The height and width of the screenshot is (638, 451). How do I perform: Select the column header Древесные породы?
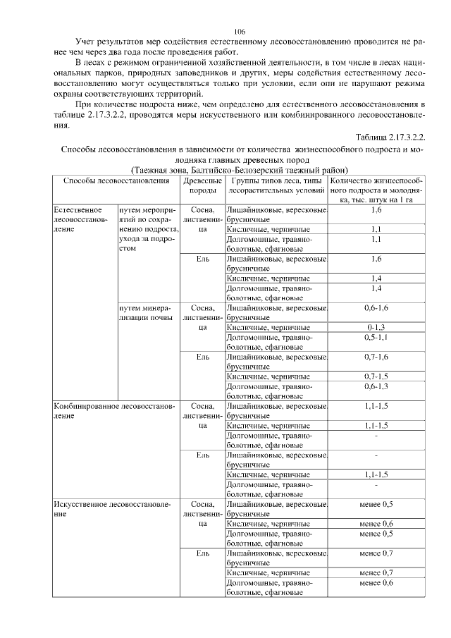(x=203, y=185)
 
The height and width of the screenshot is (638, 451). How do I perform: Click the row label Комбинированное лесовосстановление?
(x=113, y=411)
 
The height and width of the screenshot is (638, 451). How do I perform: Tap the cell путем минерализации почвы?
(x=145, y=313)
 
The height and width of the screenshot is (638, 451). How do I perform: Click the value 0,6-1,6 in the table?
(x=376, y=308)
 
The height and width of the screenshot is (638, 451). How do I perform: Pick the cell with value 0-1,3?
(x=376, y=328)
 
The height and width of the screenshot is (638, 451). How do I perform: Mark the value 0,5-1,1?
(x=376, y=338)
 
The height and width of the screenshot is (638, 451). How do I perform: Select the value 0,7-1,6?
(x=376, y=357)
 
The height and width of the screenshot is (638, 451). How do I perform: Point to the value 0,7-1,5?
(x=376, y=376)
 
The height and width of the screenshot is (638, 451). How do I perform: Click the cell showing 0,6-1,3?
(x=376, y=386)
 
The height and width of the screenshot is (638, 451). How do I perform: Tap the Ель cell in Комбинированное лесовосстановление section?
(x=203, y=455)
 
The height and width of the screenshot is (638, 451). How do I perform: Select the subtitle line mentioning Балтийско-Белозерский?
(x=239, y=170)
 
